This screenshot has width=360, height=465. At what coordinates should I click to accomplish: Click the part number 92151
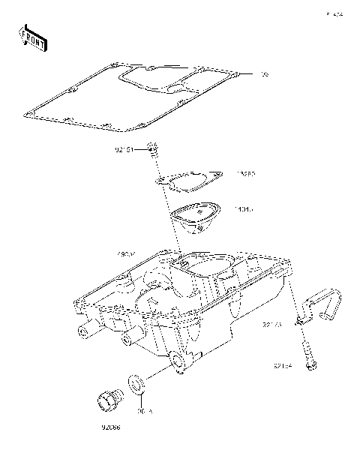click(x=124, y=150)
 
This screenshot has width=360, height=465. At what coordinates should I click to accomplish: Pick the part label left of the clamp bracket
click(x=271, y=325)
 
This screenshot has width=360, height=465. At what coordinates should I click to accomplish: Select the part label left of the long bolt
click(x=282, y=367)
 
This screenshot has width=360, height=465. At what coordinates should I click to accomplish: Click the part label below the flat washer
click(x=144, y=410)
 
